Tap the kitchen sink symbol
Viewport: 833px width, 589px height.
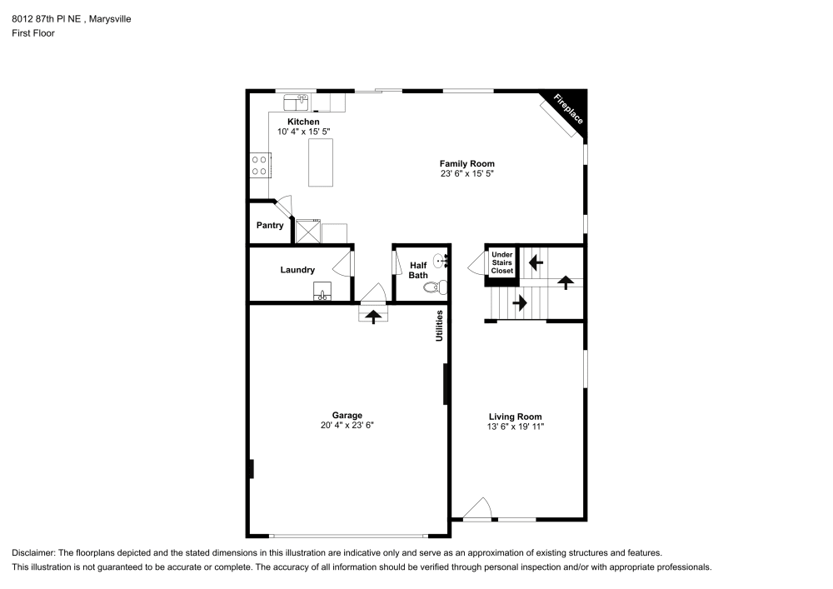[x=296, y=102]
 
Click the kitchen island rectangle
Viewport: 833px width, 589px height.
[x=321, y=162]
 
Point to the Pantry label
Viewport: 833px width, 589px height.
[x=270, y=225]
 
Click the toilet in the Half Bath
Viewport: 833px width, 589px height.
[x=433, y=288]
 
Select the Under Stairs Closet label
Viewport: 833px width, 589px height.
[x=501, y=262]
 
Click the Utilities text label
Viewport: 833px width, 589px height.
[x=439, y=325]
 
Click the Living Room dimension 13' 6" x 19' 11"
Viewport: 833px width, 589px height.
[x=515, y=427]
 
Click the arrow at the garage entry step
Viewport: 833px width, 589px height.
[x=372, y=316]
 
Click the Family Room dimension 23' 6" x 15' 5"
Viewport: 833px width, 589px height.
[x=467, y=174]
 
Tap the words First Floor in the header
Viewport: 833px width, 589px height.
[x=33, y=33]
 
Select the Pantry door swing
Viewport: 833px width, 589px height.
[x=285, y=206]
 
